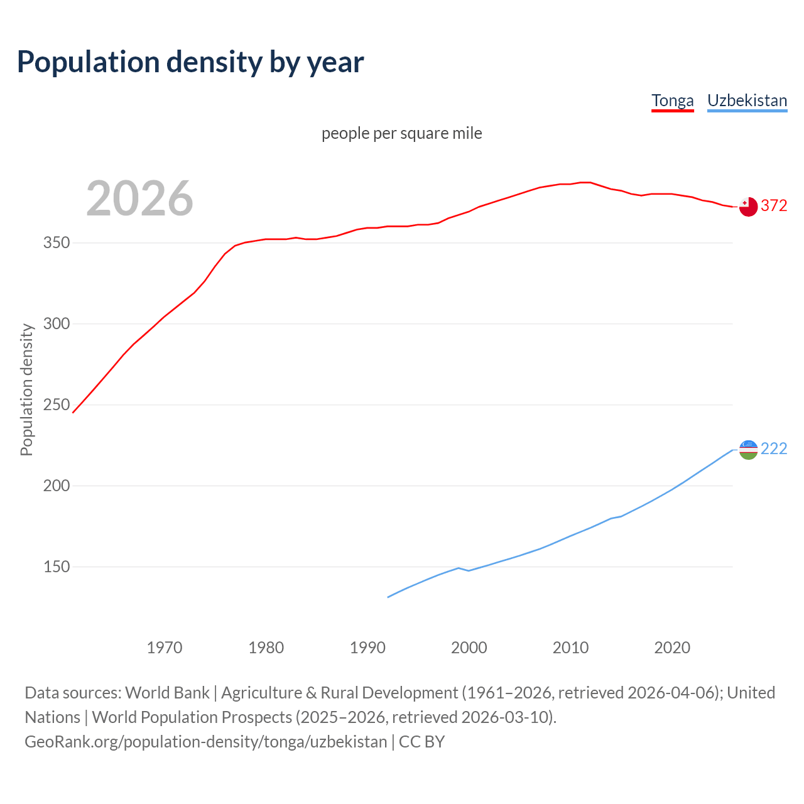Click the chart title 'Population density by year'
[190, 62]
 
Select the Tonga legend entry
[672, 100]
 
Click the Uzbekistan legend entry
[747, 100]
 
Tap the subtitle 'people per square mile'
[402, 133]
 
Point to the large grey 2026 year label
[139, 198]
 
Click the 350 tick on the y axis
[56, 243]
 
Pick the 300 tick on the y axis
[56, 324]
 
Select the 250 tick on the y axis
[56, 405]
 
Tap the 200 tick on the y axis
[56, 486]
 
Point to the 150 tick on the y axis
[56, 567]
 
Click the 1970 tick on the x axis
[165, 648]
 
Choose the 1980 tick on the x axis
[266, 648]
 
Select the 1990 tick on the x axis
[367, 648]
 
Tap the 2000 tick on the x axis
[469, 648]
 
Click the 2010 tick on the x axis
[570, 648]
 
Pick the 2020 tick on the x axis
[672, 648]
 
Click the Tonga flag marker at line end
[748, 207]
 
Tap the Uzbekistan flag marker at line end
[748, 450]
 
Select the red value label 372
[774, 206]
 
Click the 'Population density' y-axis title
[26, 389]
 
